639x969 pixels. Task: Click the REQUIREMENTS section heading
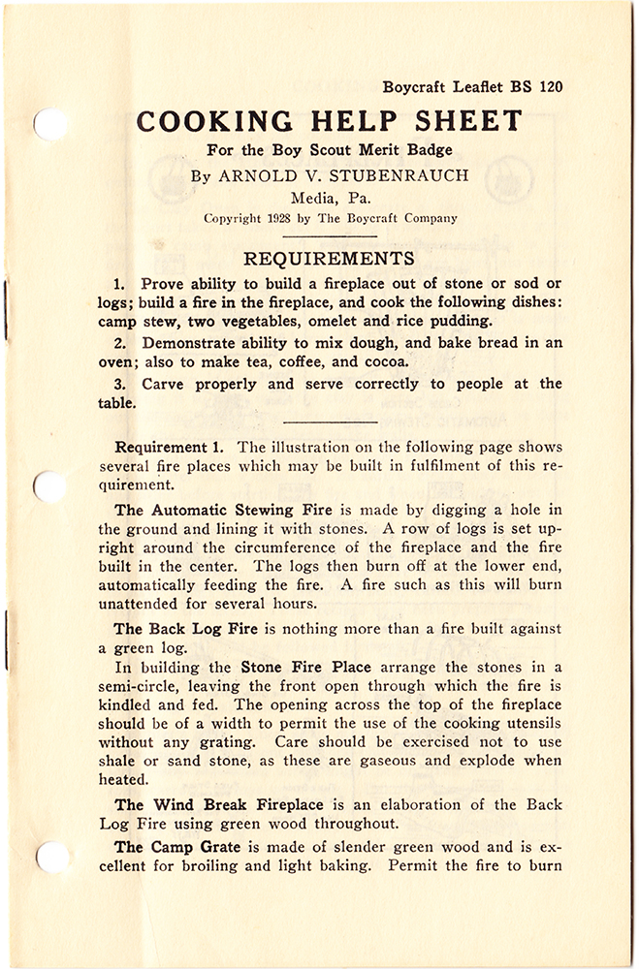(x=328, y=259)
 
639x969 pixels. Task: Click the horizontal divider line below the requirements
(x=328, y=422)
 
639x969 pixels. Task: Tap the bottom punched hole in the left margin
(x=49, y=855)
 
